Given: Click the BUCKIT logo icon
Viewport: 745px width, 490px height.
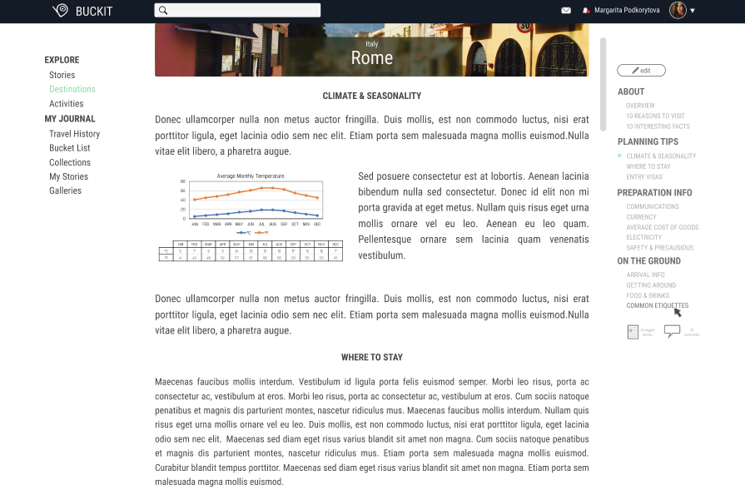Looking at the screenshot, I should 60,11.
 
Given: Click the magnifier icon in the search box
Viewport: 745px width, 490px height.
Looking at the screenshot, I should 163,11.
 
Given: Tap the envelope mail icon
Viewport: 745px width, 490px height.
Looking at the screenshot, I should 566,11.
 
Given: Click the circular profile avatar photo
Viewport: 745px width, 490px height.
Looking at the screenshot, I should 678,10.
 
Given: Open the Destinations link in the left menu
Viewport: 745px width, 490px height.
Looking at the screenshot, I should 72,89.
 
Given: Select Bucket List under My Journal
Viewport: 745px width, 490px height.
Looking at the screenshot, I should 69,148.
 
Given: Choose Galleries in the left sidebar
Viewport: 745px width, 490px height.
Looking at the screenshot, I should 65,191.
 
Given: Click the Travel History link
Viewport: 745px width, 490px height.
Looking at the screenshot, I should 74,134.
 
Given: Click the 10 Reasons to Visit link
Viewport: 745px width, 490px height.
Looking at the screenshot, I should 655,116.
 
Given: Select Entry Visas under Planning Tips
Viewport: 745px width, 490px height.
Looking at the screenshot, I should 644,177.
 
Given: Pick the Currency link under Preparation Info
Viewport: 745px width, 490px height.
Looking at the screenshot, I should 641,217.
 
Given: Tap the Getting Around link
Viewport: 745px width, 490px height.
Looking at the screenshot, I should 651,285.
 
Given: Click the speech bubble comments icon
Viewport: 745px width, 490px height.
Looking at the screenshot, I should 672,331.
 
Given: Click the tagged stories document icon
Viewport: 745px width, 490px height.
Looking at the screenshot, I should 632,331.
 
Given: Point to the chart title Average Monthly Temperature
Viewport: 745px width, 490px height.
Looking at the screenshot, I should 251,176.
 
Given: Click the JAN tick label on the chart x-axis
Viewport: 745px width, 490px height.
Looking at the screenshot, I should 195,224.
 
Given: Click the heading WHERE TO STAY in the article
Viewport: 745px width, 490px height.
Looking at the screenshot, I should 372,358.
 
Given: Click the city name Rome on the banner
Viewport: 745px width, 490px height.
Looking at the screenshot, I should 372,58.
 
